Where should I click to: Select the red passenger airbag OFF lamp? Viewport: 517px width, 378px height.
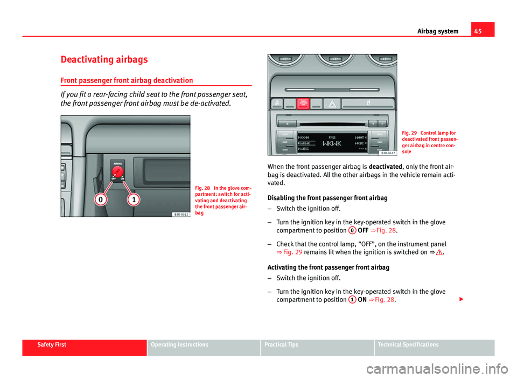tap(304, 104)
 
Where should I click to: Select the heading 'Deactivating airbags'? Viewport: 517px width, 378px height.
tap(102, 59)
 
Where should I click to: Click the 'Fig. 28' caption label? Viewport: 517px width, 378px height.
tap(204, 188)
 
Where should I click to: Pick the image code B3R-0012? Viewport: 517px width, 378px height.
tap(180, 214)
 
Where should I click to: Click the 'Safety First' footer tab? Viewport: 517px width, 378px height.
tap(52, 345)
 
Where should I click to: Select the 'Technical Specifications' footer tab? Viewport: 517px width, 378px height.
tap(408, 345)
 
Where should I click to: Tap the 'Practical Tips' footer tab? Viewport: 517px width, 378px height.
tap(280, 345)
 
